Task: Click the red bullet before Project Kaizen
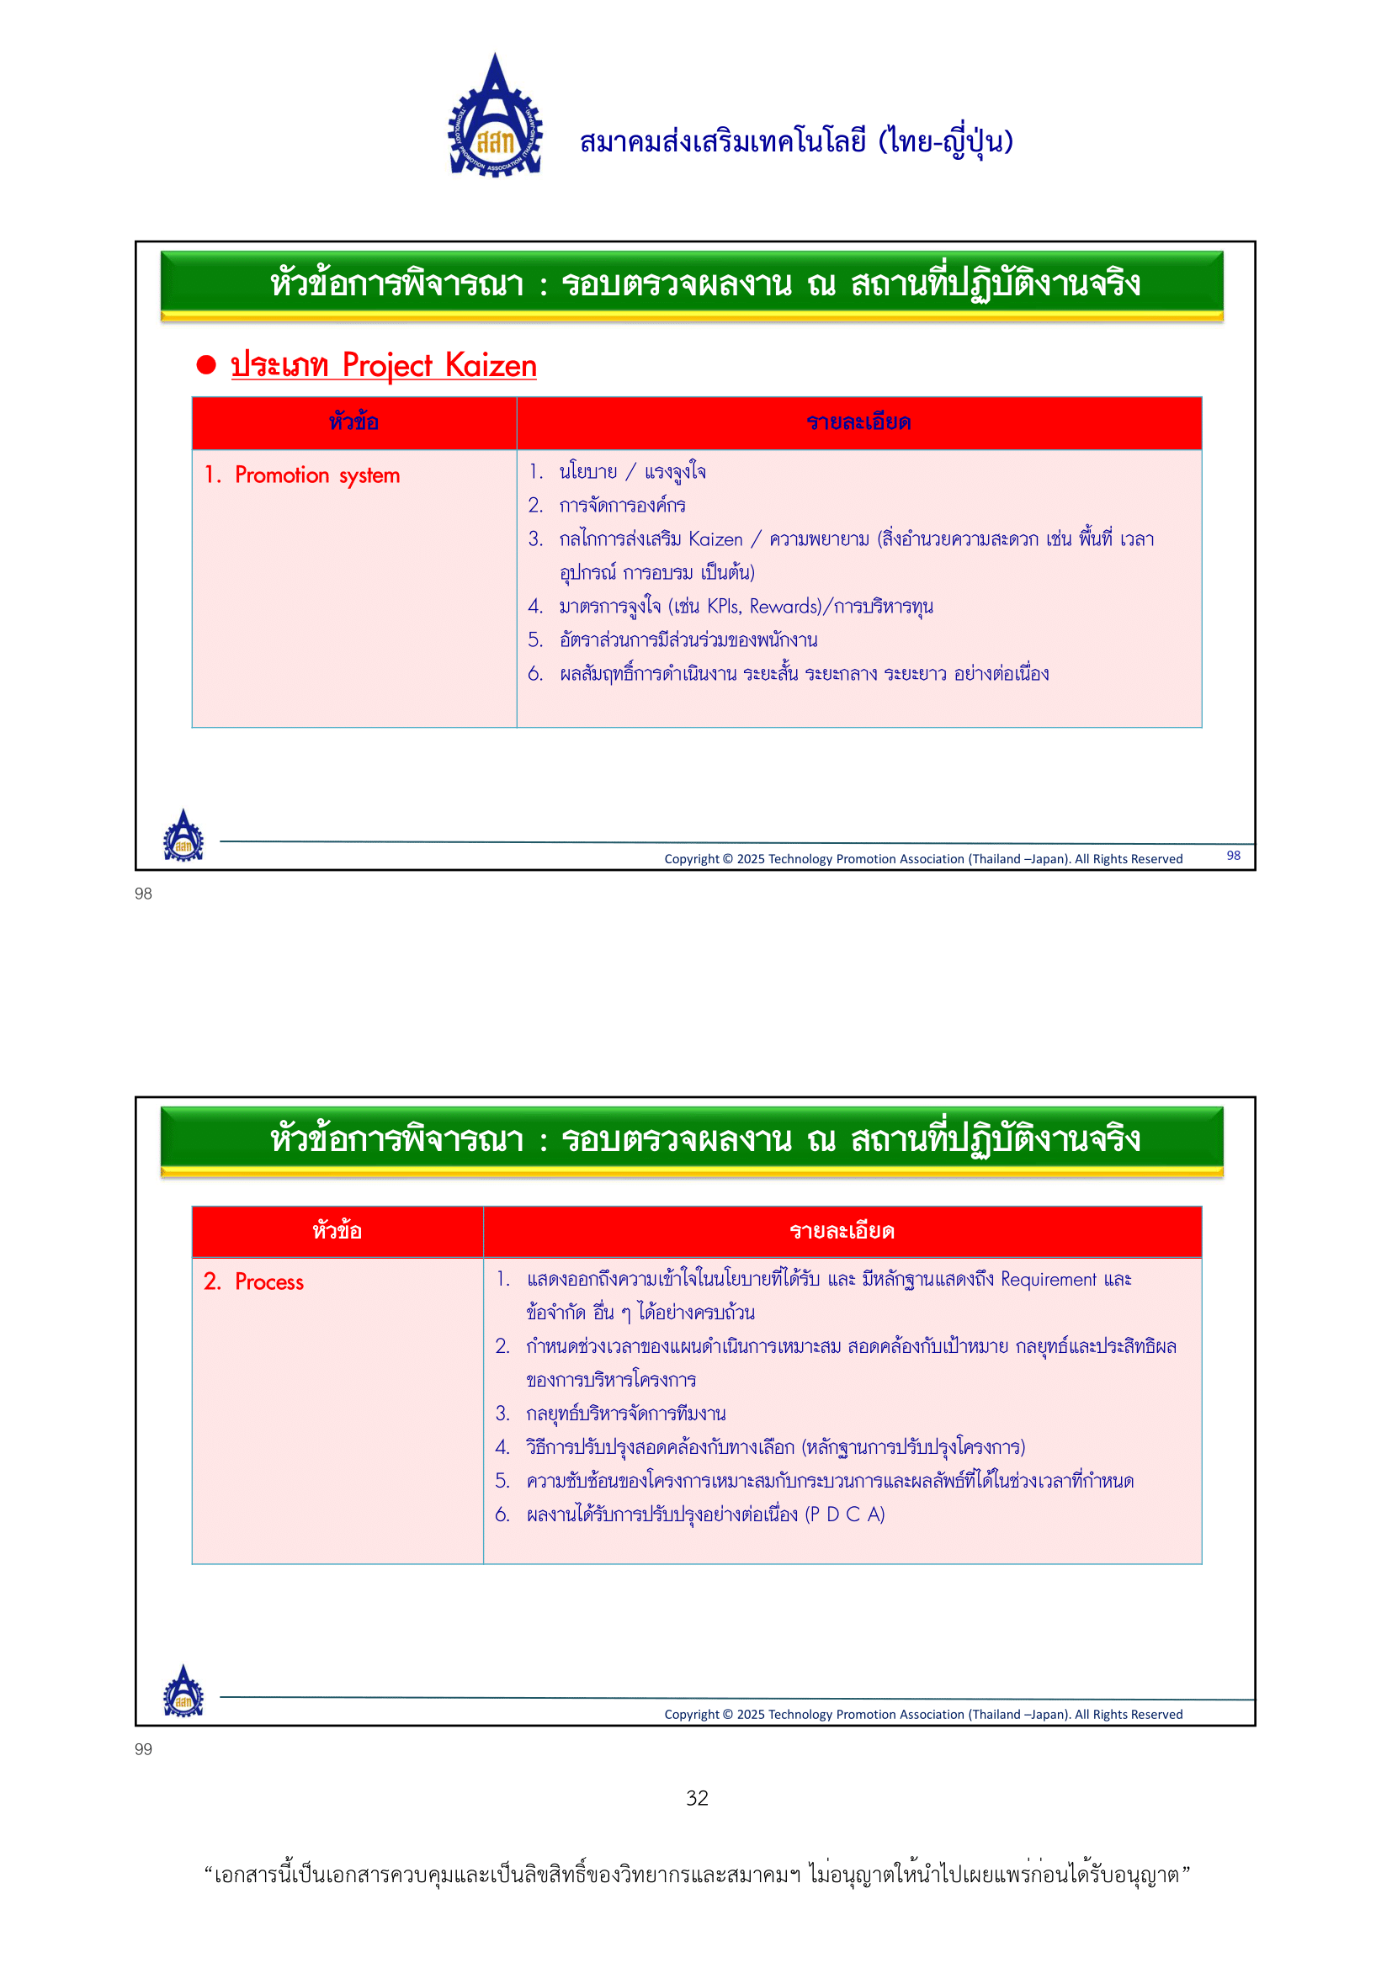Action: [x=205, y=365]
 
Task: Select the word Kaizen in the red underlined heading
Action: [x=491, y=366]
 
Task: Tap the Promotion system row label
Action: [x=303, y=475]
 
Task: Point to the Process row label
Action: [x=253, y=1282]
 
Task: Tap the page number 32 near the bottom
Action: [x=697, y=1798]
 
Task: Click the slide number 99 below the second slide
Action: [x=143, y=1749]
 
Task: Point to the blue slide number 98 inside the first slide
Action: [x=1233, y=856]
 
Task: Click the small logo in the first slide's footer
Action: [x=183, y=835]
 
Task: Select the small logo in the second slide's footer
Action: [x=183, y=1691]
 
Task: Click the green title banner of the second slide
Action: [x=692, y=1140]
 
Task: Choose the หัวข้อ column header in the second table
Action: [x=337, y=1232]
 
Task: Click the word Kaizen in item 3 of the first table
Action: [x=715, y=539]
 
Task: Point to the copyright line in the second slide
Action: [x=923, y=1714]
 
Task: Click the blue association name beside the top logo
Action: [x=796, y=141]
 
